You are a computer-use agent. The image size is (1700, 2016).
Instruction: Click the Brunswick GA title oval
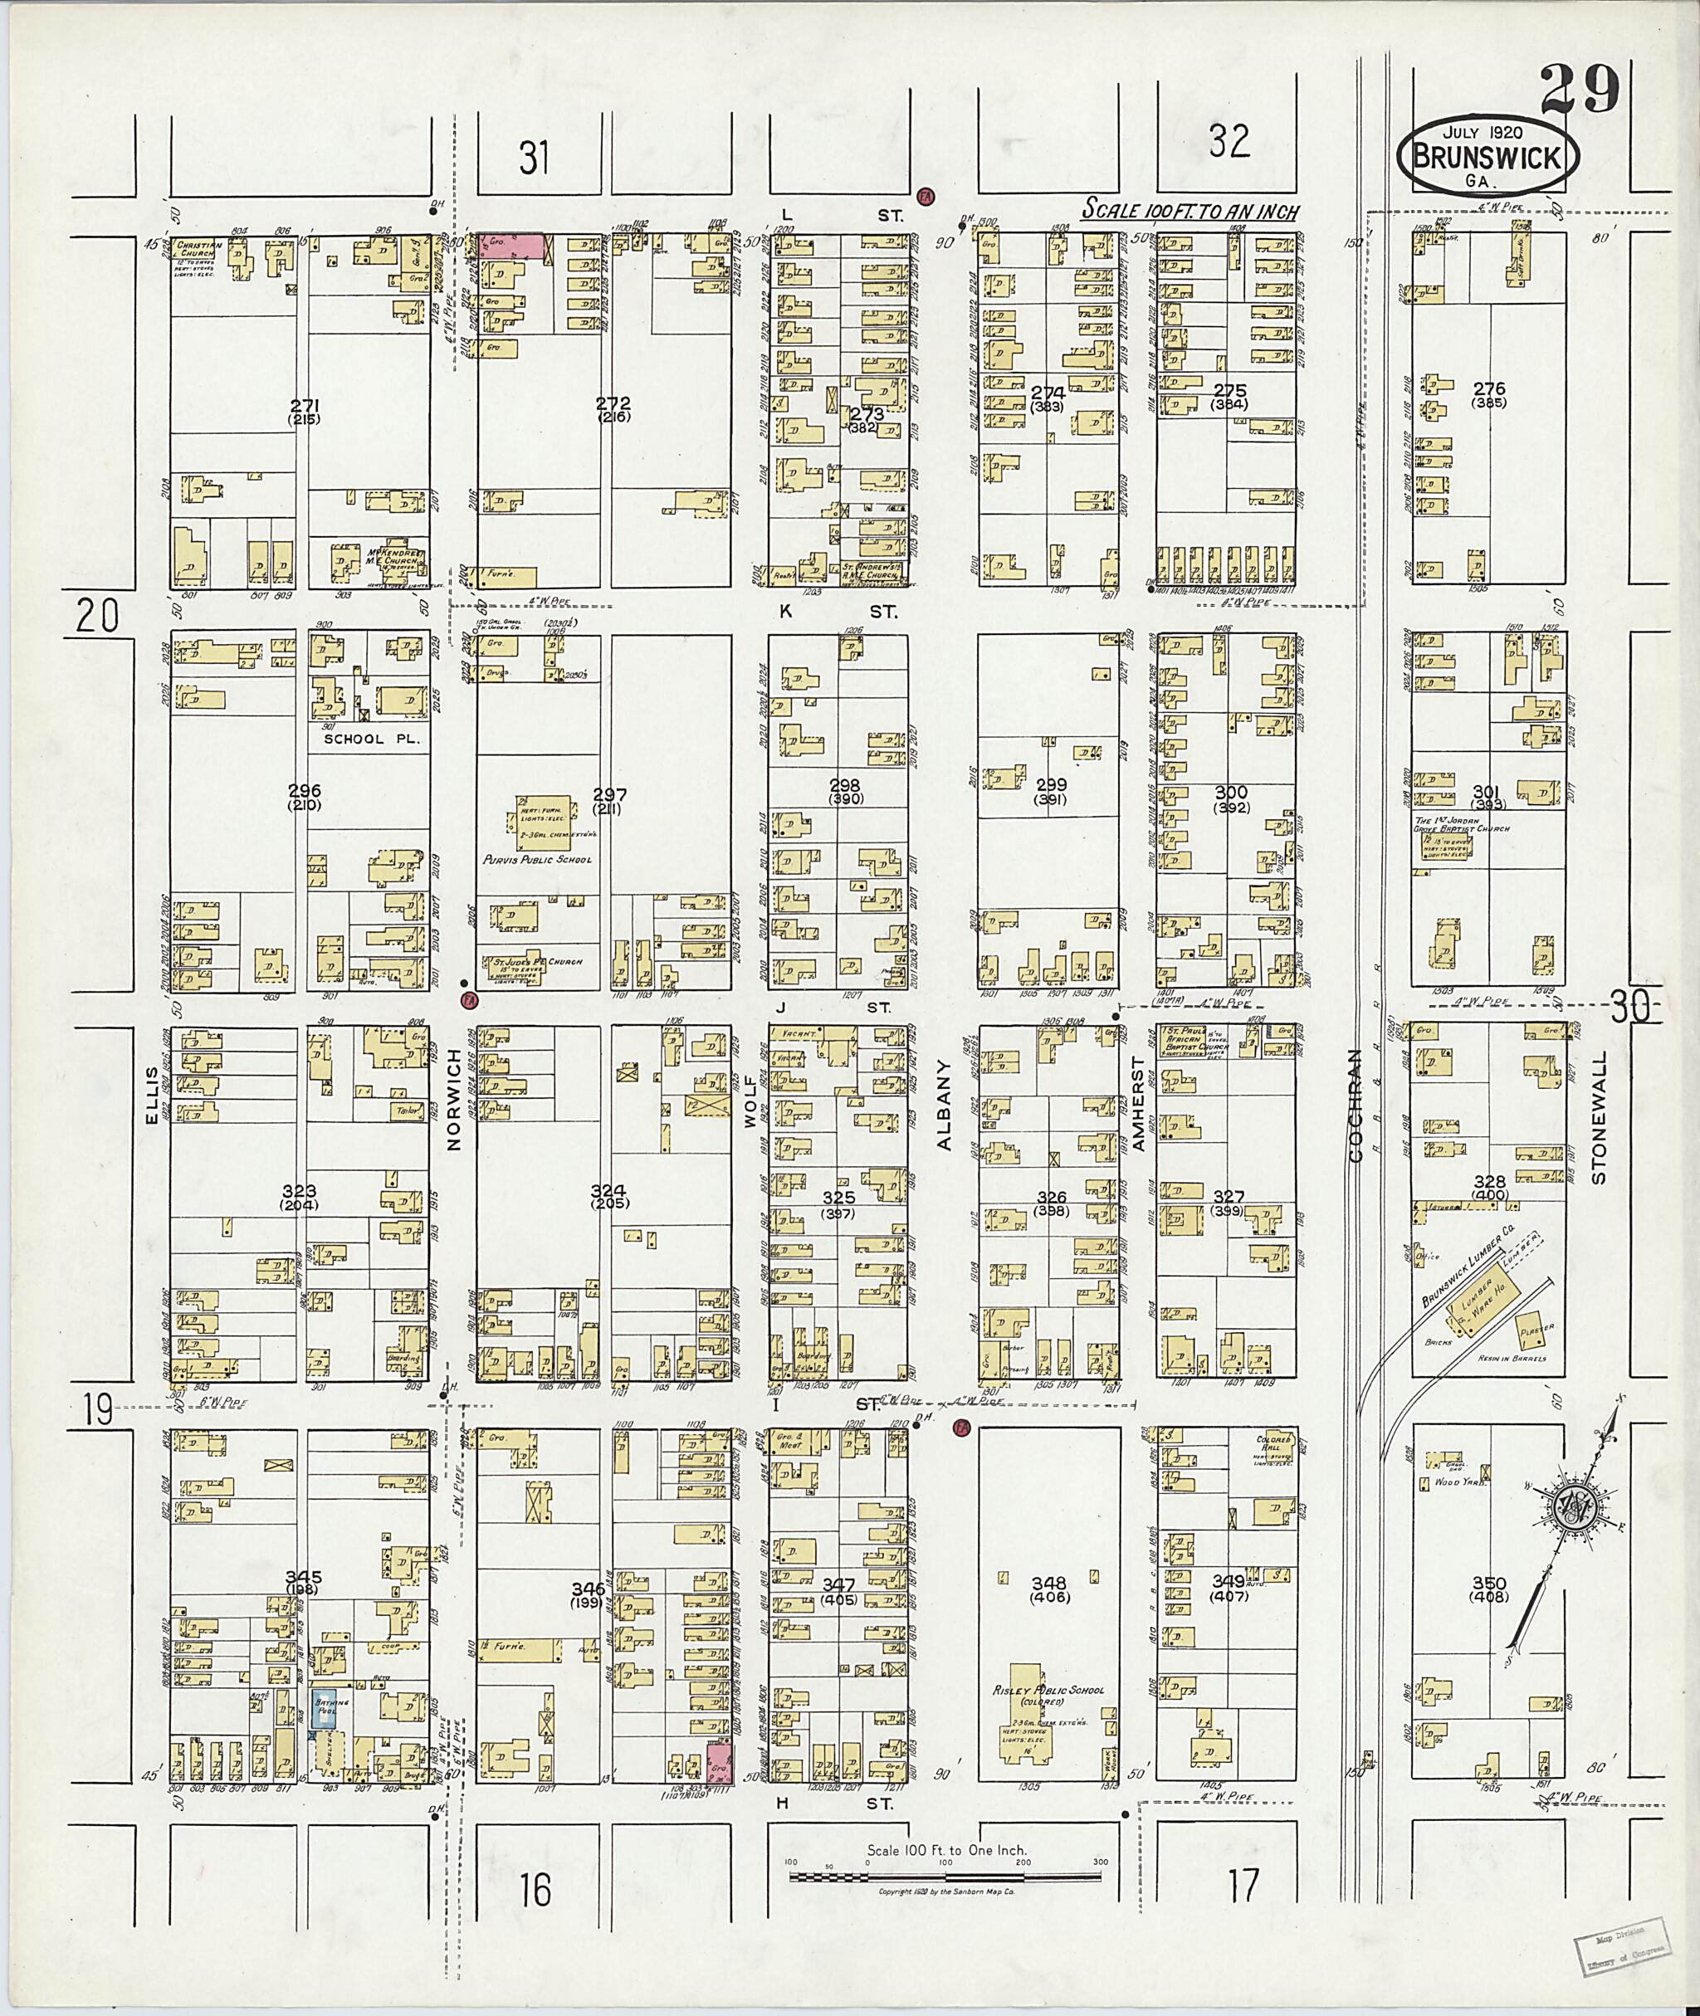pyautogui.click(x=1495, y=155)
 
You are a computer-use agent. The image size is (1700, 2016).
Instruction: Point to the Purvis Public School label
pyautogui.click(x=537, y=859)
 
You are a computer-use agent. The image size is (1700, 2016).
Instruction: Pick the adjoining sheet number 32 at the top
pyautogui.click(x=1229, y=141)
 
